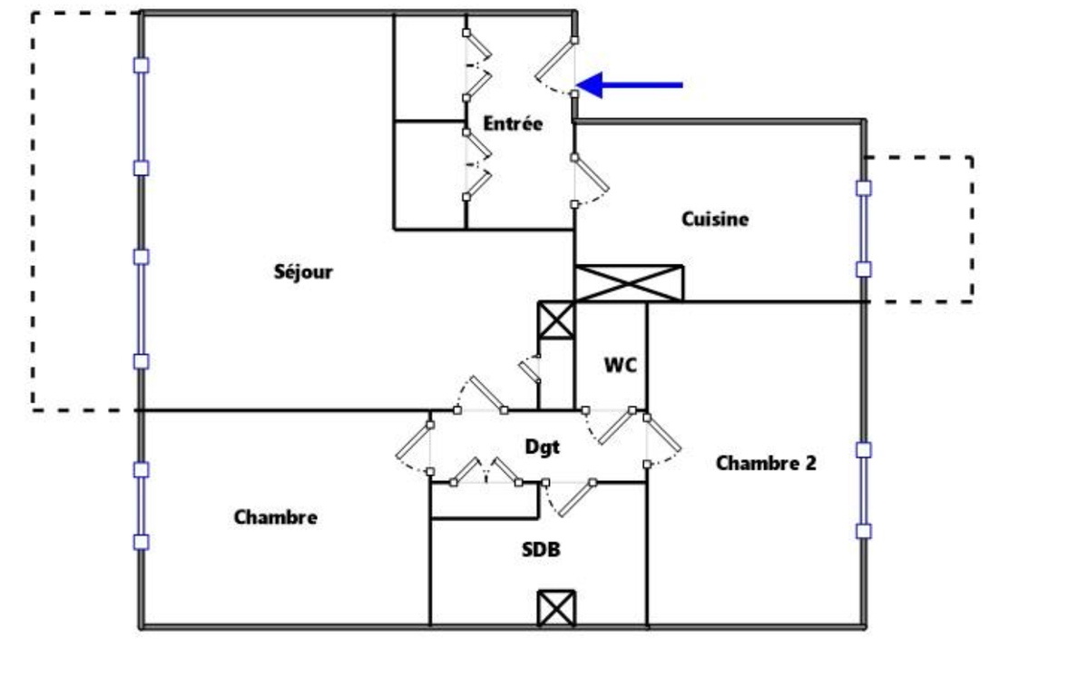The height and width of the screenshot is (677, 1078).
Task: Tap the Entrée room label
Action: coord(513,124)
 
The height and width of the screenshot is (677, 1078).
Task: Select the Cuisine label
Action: coord(715,219)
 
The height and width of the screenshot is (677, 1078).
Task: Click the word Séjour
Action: coord(303,271)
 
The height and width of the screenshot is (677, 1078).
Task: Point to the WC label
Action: coord(621,366)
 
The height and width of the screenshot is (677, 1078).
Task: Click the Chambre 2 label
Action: coord(766,463)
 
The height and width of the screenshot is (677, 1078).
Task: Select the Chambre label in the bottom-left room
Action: coord(276,517)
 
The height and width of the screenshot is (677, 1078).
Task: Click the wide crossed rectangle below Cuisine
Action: coord(629,282)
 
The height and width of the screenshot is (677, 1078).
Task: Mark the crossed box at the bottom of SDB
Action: coord(555,608)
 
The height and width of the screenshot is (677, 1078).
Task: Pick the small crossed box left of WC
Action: coord(556,320)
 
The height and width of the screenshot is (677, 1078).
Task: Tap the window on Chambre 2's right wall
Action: coord(864,490)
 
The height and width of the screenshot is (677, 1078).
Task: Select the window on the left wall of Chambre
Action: coord(141,505)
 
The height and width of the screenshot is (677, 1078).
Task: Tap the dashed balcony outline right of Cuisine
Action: coord(972,227)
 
